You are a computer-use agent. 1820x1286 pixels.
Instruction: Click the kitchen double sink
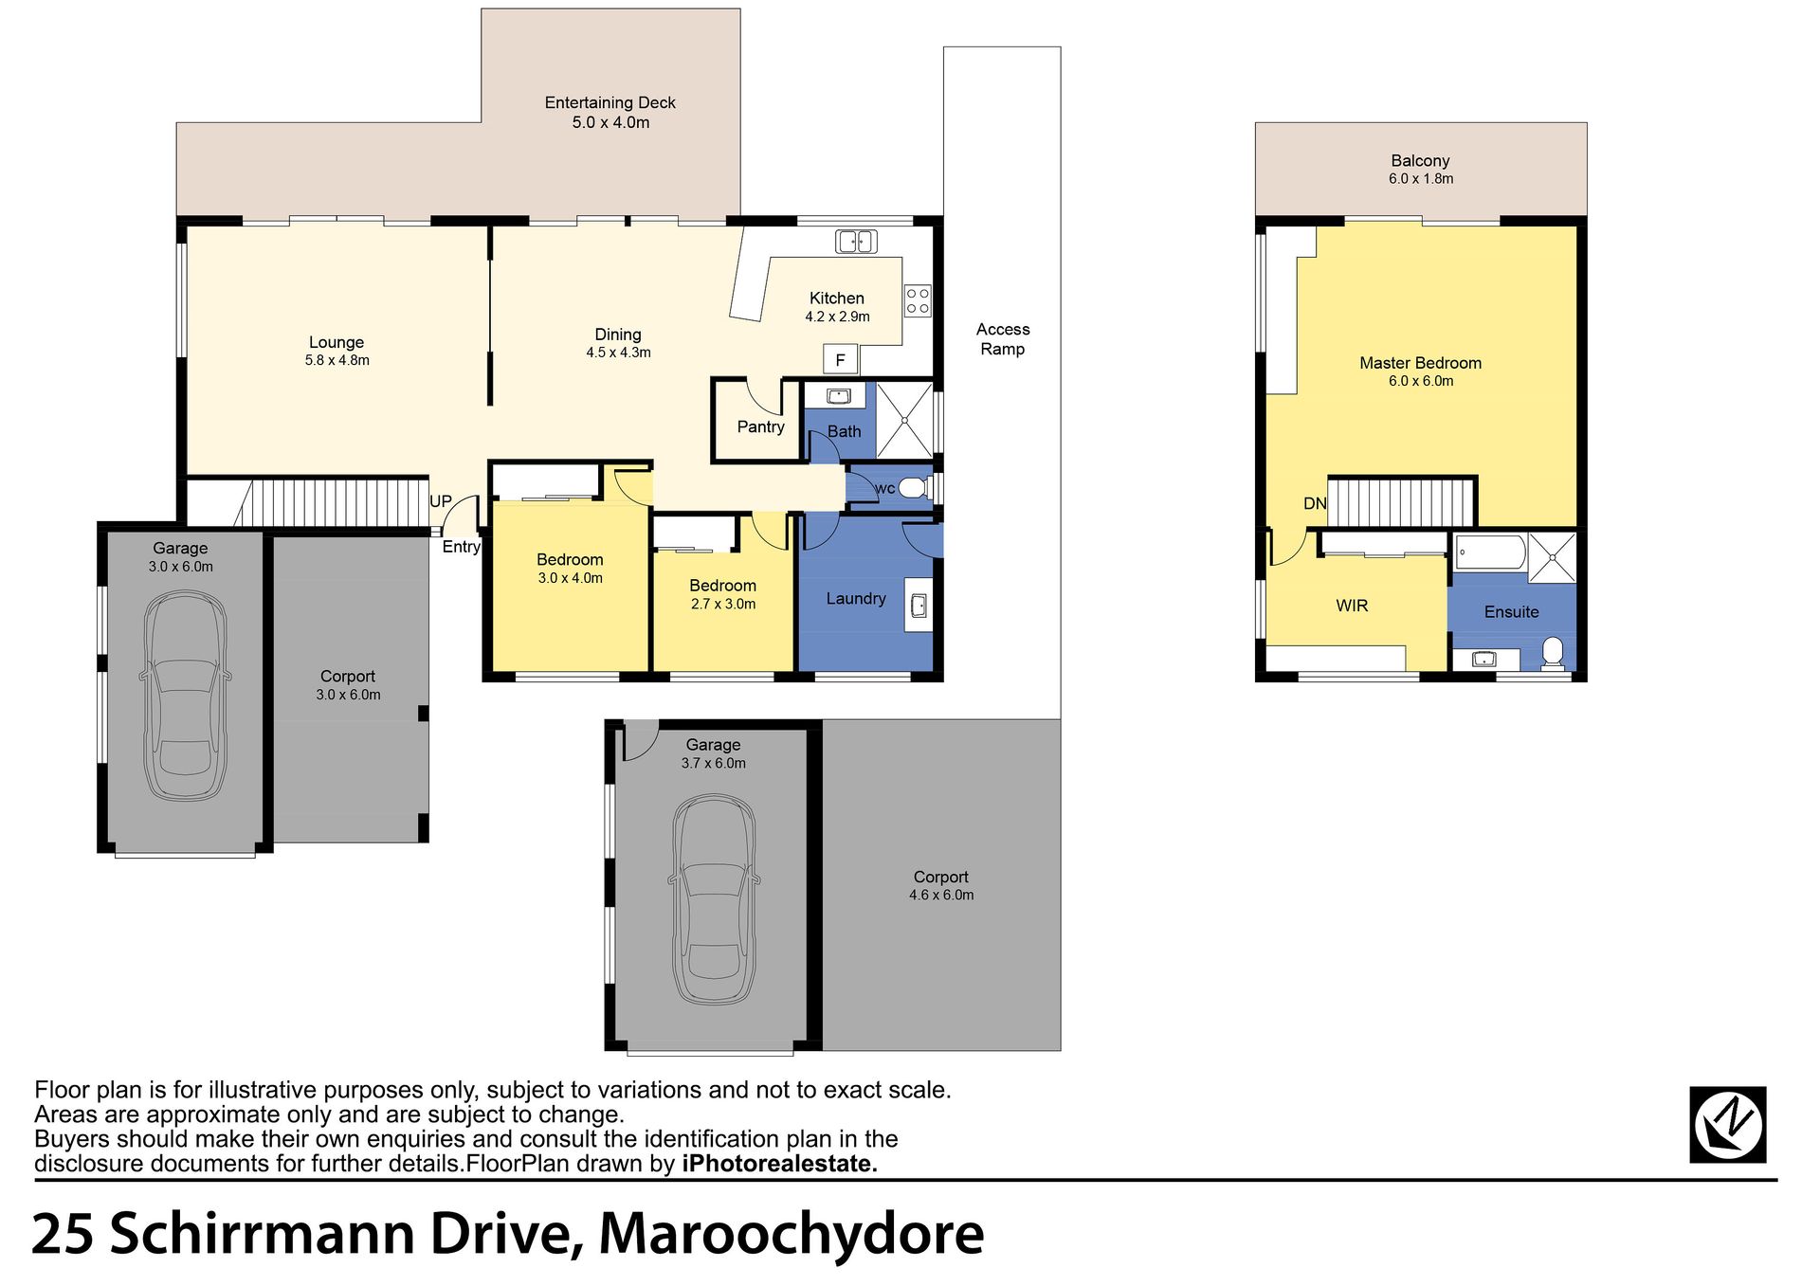coord(856,242)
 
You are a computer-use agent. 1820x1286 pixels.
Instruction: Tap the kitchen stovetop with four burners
coord(918,301)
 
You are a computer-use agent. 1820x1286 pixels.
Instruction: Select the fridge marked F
coord(840,360)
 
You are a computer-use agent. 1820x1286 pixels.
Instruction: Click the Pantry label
coord(760,426)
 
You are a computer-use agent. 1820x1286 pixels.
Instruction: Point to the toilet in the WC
coord(912,488)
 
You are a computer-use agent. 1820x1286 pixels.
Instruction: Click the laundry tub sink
coord(918,605)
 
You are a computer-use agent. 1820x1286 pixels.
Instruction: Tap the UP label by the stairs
coord(441,501)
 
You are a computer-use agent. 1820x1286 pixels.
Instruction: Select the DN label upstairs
coord(1315,503)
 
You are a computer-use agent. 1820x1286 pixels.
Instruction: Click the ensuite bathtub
coord(1490,552)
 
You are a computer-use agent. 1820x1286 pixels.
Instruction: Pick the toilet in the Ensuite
coord(1553,653)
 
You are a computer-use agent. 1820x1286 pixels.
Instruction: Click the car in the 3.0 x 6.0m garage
coord(184,697)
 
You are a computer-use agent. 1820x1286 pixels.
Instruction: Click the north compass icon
coord(1727,1125)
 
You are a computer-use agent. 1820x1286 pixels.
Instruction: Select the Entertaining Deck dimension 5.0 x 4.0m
coord(610,122)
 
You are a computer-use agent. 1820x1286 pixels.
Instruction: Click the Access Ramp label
coord(1003,339)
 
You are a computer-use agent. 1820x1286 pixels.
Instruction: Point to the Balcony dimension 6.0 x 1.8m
coord(1421,178)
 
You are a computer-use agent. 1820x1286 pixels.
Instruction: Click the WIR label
coord(1352,606)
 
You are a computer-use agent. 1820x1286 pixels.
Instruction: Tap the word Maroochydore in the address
coord(792,1234)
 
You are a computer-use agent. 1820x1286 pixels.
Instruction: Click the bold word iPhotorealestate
coord(779,1163)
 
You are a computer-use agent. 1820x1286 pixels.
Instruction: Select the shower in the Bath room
coord(904,420)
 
